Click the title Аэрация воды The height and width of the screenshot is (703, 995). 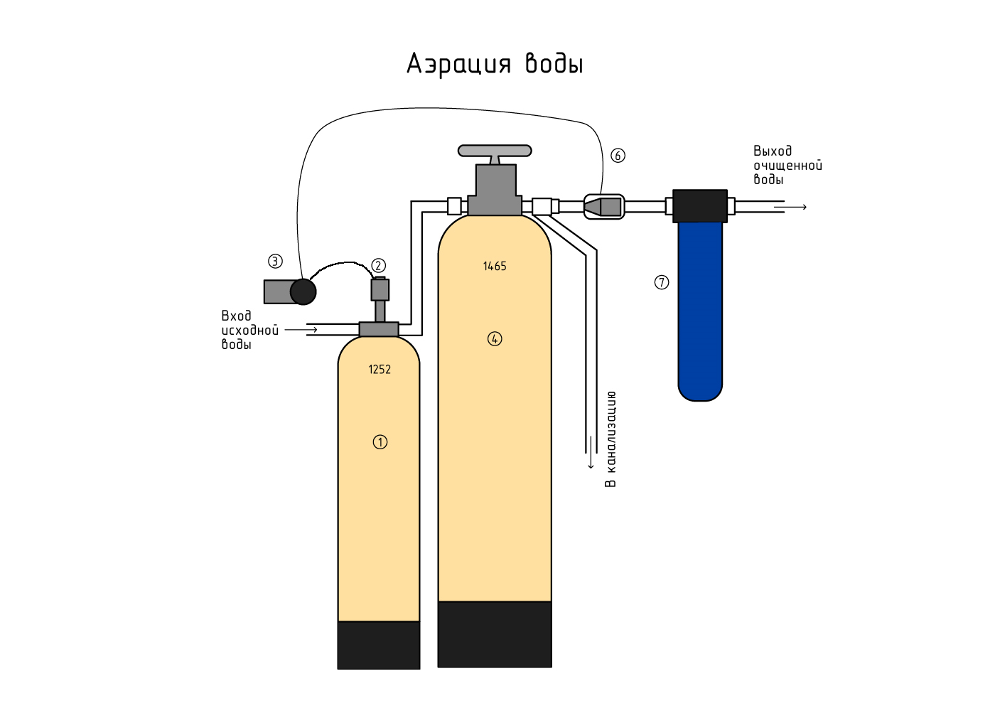(x=495, y=64)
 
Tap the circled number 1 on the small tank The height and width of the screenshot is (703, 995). (x=380, y=442)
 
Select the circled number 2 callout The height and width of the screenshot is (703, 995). (x=379, y=266)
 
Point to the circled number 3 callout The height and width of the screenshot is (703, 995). (x=275, y=262)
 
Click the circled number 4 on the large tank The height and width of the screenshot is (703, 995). (x=495, y=339)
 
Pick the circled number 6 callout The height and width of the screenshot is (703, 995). (x=618, y=156)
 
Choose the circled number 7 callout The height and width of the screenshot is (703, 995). (x=662, y=283)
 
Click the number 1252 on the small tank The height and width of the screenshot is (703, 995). (x=380, y=370)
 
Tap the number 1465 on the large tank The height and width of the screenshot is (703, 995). (x=495, y=267)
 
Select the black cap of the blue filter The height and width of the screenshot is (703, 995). (x=700, y=206)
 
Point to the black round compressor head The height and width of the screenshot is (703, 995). (x=303, y=291)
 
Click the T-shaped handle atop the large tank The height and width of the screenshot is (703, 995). (x=495, y=151)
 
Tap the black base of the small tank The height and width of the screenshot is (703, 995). (x=379, y=645)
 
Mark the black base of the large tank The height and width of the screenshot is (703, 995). (x=495, y=634)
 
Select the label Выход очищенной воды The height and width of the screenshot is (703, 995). (x=787, y=166)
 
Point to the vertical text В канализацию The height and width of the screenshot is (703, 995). (x=611, y=439)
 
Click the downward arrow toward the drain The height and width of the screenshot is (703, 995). (x=591, y=455)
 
